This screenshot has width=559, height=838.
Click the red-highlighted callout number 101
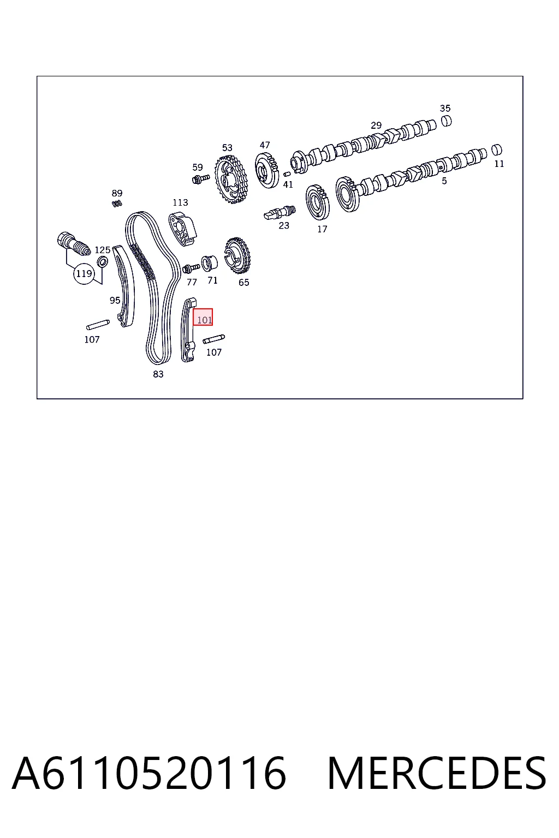point(204,320)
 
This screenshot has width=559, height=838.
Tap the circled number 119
point(84,273)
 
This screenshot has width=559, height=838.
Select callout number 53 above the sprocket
point(227,147)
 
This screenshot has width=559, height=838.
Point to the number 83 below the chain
point(158,374)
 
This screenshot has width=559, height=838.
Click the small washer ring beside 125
point(102,262)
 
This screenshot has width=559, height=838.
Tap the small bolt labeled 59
point(201,179)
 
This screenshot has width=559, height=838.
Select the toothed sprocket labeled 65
point(237,255)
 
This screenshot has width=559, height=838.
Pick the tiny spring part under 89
point(117,203)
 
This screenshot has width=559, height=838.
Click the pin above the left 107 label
point(98,325)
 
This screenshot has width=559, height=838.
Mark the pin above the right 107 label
point(214,339)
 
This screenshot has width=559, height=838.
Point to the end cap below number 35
point(447,121)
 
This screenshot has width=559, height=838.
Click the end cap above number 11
point(497,149)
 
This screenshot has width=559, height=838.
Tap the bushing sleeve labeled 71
point(210,263)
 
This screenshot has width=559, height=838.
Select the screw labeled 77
point(191,268)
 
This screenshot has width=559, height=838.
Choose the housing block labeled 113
point(183,229)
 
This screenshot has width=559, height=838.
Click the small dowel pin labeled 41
point(287,174)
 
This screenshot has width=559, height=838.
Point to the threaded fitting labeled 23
point(279,213)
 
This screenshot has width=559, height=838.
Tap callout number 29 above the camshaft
point(376,125)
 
